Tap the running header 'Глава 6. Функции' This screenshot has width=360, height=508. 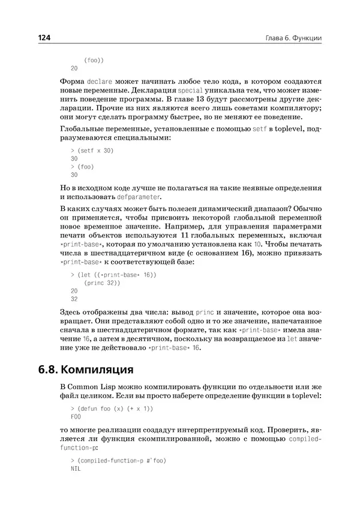pyautogui.click(x=293, y=38)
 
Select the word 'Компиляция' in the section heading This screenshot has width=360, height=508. pyautogui.click(x=102, y=367)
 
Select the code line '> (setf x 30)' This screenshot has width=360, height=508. pyautogui.click(x=92, y=151)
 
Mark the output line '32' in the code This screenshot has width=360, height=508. pyautogui.click(x=74, y=298)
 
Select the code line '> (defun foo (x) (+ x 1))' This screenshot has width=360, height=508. pyautogui.click(x=112, y=408)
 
